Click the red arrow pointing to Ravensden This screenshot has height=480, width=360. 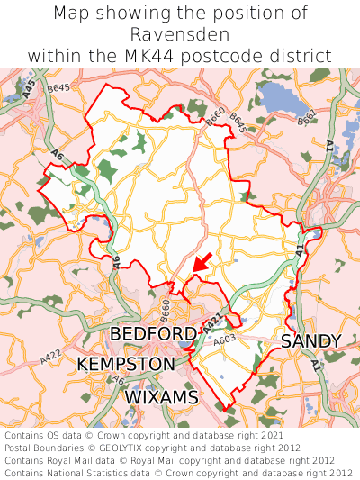click(x=202, y=262)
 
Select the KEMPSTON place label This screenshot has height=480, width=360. click(x=126, y=364)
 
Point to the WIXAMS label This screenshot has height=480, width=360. click(x=160, y=396)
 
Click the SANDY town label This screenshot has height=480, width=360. click(x=311, y=341)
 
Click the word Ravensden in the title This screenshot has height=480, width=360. click(x=180, y=34)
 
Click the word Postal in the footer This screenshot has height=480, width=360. click(x=22, y=448)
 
